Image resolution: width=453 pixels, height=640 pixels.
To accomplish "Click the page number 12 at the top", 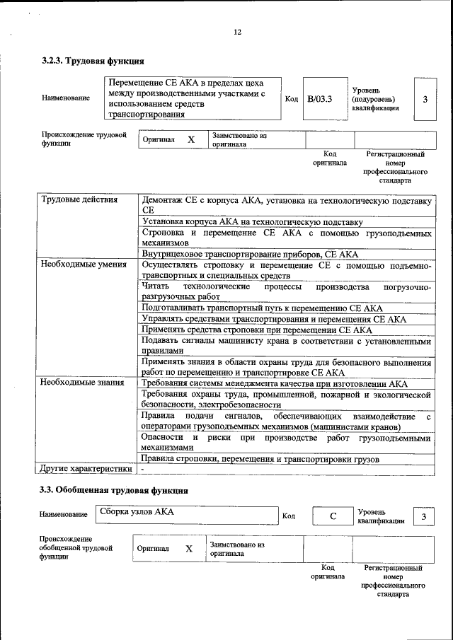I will (237, 32).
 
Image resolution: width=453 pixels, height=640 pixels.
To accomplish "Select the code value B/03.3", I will (319, 99).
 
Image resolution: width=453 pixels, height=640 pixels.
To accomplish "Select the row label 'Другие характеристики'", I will (85, 468).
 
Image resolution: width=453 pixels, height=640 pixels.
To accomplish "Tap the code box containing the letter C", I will (333, 517).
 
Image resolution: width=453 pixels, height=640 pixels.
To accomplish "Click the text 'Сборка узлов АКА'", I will (137, 511).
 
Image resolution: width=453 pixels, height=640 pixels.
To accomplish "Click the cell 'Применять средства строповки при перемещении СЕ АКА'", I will (256, 330).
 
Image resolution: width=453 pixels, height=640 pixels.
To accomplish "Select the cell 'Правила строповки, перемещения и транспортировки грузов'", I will (260, 459).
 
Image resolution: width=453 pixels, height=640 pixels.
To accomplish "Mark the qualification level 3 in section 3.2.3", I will (425, 99).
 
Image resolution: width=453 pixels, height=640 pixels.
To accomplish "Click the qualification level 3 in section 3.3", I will (423, 517).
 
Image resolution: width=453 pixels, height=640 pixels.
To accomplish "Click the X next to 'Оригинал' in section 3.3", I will (189, 548).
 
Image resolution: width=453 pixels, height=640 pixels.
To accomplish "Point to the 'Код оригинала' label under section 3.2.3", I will (329, 158).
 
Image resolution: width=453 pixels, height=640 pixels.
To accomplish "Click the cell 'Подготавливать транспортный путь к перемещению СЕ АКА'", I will (262, 308).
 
